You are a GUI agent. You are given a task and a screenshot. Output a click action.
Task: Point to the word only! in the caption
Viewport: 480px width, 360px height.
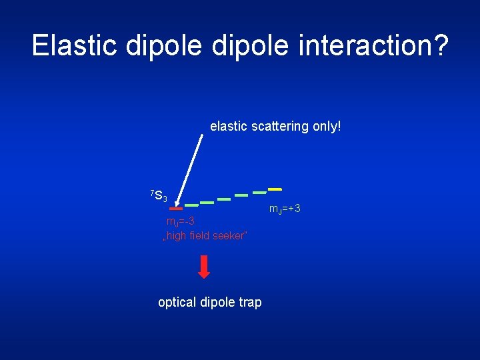coord(326,126)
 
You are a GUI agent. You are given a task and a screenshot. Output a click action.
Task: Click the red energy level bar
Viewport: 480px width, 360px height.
coord(175,208)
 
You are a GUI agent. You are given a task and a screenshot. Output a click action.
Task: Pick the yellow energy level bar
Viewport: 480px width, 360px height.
coord(274,189)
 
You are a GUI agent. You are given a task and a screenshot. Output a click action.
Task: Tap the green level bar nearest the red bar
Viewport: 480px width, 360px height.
coord(191,205)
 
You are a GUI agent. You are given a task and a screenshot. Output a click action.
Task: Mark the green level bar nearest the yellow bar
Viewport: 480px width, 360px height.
coord(258,193)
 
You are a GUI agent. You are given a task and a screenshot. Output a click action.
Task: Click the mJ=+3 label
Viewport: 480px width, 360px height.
coord(285,209)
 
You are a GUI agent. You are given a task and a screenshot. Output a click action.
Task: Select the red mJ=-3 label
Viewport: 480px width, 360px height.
coord(180,221)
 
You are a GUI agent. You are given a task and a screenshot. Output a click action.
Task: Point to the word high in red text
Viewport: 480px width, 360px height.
coord(179,236)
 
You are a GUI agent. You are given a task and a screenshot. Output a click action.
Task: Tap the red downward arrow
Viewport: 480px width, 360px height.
coord(204,267)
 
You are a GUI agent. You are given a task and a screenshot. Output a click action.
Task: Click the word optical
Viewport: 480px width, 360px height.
coord(177,303)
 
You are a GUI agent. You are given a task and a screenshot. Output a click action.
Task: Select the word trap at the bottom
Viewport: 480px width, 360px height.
coord(250,303)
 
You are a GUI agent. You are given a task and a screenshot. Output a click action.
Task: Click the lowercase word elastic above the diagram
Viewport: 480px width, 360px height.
coord(229,126)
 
